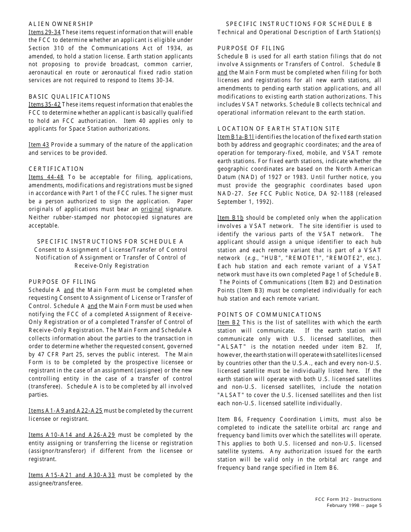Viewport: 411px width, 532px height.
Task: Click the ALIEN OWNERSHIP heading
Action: tap(61, 24)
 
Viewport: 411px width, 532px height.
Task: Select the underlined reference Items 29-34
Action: tap(45, 32)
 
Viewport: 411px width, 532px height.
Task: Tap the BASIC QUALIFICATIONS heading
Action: tap(69, 96)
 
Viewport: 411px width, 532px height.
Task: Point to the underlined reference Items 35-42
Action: tap(45, 105)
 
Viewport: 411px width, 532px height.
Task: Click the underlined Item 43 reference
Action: tap(39, 145)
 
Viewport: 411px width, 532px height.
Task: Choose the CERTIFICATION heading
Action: tap(56, 169)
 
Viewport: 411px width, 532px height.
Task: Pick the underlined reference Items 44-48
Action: tap(46, 177)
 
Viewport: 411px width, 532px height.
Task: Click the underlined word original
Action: tap(151, 209)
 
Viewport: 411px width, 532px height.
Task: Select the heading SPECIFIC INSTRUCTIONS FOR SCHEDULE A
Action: tap(110, 242)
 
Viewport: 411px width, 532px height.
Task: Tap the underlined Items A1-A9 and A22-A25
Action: tap(65, 410)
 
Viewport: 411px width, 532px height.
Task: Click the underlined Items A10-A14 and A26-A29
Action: tap(72, 435)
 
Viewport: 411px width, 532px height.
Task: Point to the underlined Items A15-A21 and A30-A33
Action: tap(72, 475)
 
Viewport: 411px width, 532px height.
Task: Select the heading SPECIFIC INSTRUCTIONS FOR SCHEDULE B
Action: tap(299, 24)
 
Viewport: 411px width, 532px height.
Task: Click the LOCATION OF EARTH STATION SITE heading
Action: tap(279, 128)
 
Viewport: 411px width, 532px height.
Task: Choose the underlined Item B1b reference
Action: tap(230, 218)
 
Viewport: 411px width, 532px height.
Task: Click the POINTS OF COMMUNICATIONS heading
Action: tap(269, 314)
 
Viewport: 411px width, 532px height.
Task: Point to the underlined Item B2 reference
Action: tap(228, 323)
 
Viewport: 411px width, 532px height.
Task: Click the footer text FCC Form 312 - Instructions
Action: tap(348, 499)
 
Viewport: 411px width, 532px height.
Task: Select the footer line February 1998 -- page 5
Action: tap(354, 506)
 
